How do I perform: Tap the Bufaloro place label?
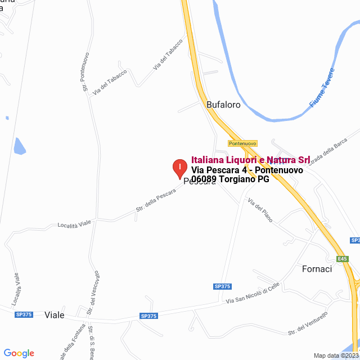coord(223,105)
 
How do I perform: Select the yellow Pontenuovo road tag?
coord(242,143)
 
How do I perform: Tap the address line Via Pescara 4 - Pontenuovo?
coord(247,170)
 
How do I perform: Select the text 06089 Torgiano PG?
coord(230,180)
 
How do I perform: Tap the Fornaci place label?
coord(317,269)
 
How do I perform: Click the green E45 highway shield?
coord(343,259)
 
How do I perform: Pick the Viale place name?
coord(55,315)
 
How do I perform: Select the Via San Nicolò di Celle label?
coord(253,294)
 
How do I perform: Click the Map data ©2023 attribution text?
coord(336,355)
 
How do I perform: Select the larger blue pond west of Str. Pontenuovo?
coord(20,146)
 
